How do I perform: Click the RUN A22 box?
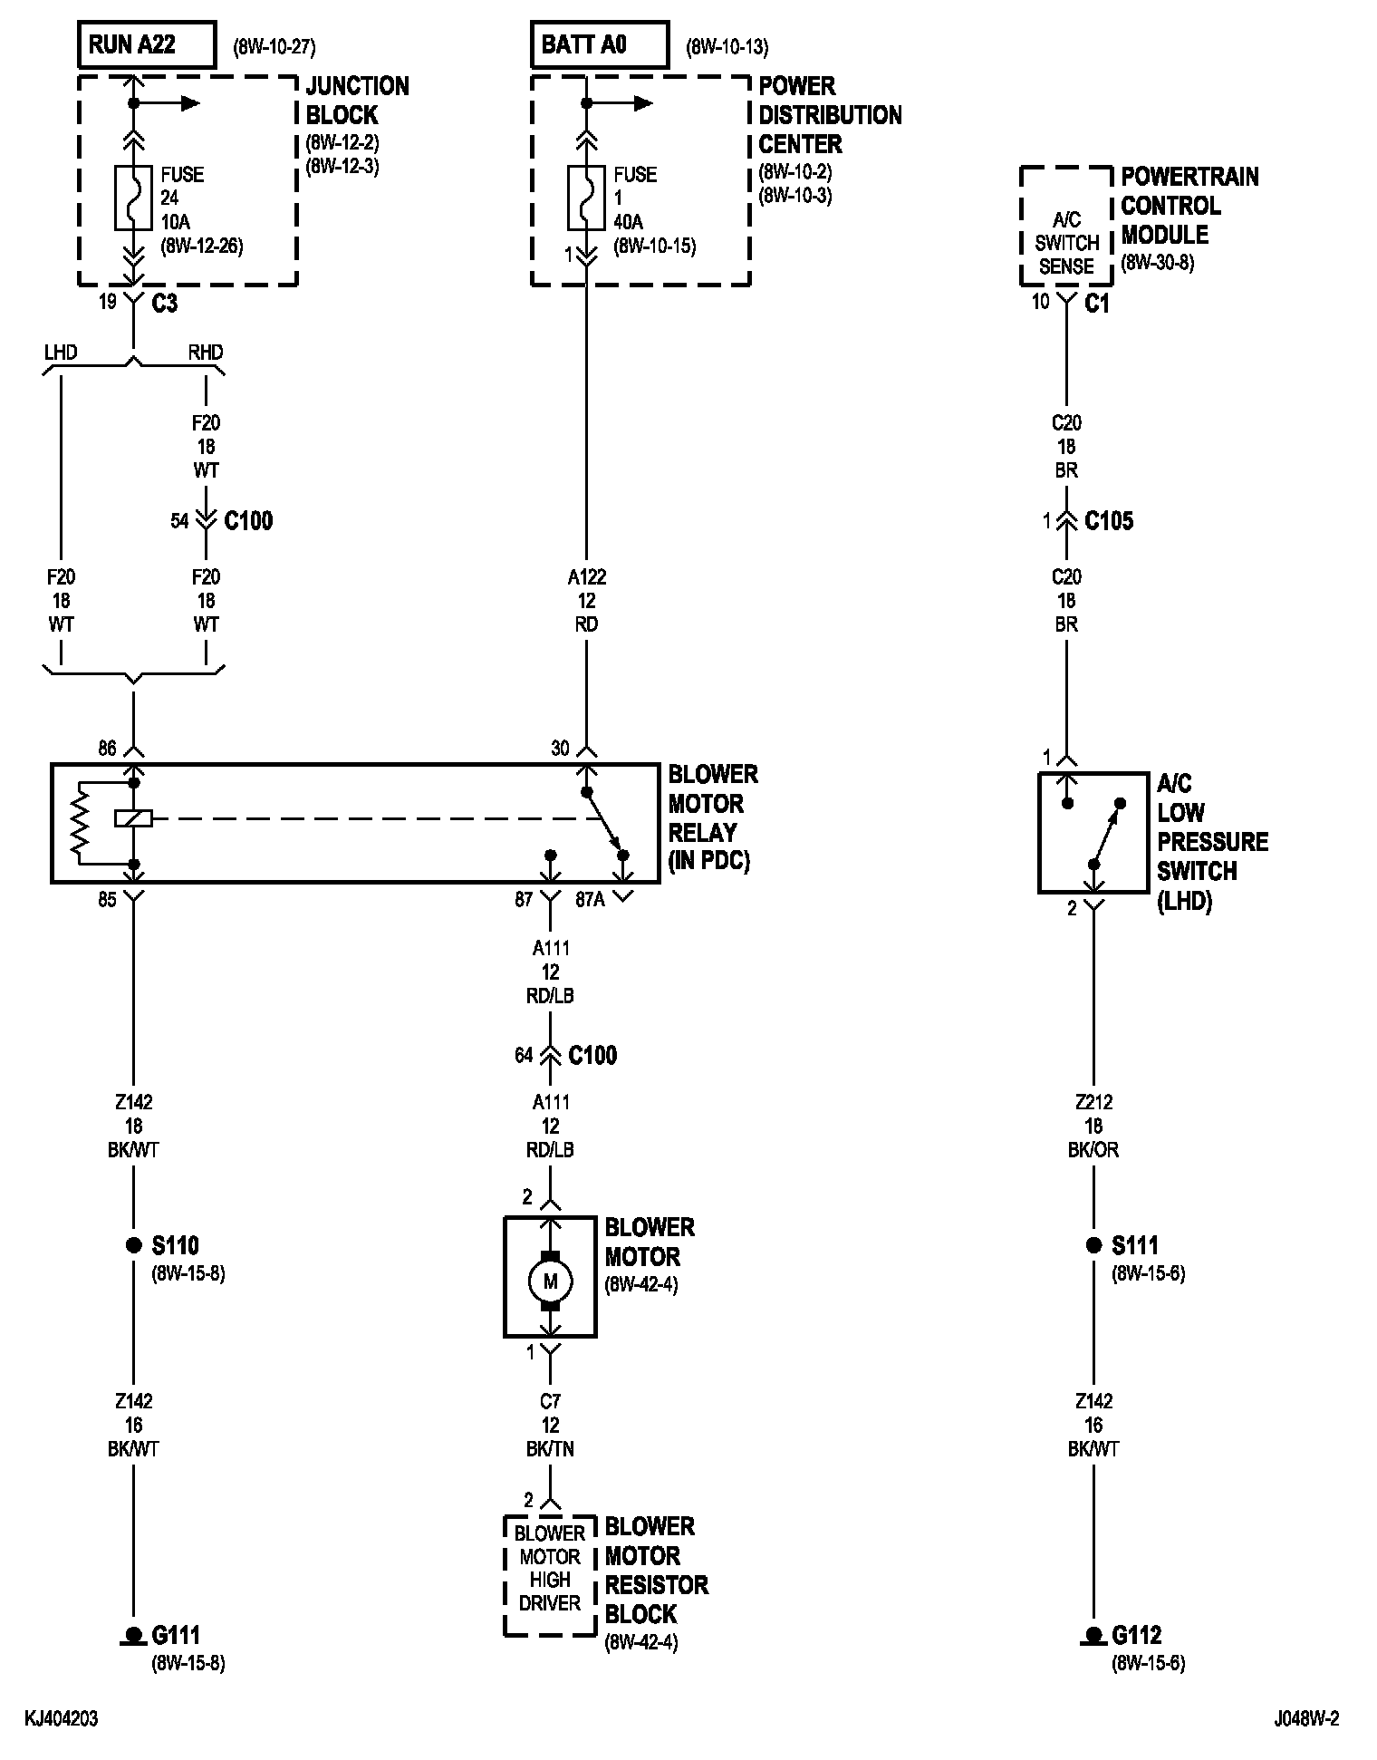pyautogui.click(x=148, y=45)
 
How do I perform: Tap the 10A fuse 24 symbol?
pyautogui.click(x=133, y=198)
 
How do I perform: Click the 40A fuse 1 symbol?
pyautogui.click(x=586, y=198)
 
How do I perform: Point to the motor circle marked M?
pyautogui.click(x=550, y=1281)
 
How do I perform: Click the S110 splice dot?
pyautogui.click(x=133, y=1245)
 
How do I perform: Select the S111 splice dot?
pyautogui.click(x=1093, y=1245)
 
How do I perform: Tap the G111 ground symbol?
pyautogui.click(x=133, y=1636)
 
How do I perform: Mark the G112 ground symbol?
pyautogui.click(x=1093, y=1636)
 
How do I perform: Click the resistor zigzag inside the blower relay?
pyautogui.click(x=82, y=819)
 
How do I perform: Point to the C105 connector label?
pyautogui.click(x=1109, y=521)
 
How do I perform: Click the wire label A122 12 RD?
pyautogui.click(x=586, y=601)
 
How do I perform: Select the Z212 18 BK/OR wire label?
pyautogui.click(x=1093, y=1127)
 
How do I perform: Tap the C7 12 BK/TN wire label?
pyautogui.click(x=550, y=1426)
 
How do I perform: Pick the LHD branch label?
pyautogui.click(x=61, y=352)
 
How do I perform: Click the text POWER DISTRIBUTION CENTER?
pyautogui.click(x=830, y=115)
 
